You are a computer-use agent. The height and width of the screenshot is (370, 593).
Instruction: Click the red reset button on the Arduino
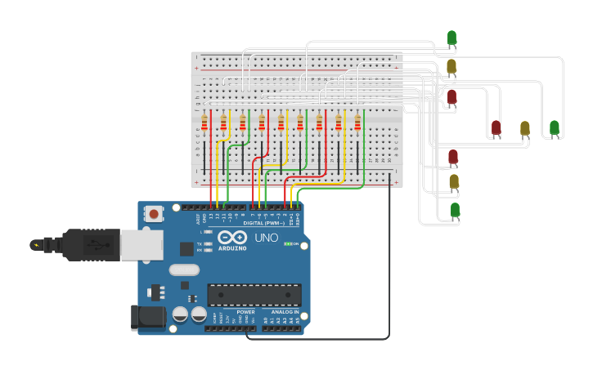coord(153,214)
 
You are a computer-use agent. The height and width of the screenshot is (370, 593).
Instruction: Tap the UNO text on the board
coord(266,238)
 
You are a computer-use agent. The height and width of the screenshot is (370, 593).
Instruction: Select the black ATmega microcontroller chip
coord(254,295)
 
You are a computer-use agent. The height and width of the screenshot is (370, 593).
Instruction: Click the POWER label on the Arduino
coord(245,312)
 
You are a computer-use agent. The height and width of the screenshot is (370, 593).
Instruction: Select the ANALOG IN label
coord(285,312)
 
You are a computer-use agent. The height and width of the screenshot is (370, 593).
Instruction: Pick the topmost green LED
coord(451,38)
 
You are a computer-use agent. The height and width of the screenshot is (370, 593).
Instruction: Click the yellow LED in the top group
coord(451,66)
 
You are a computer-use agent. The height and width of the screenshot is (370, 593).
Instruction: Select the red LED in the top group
coord(451,96)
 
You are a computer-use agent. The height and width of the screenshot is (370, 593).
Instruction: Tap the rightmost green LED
coord(554,127)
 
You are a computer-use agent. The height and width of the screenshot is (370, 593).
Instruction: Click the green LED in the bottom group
coord(455,210)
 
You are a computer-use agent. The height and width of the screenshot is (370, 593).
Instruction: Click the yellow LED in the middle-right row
coord(524,127)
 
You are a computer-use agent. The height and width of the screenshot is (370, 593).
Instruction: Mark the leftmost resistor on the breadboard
coord(204,123)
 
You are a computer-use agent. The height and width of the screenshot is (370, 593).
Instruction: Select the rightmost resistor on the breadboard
coord(357,123)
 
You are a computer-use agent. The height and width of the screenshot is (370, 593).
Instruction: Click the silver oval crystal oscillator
coord(184,270)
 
